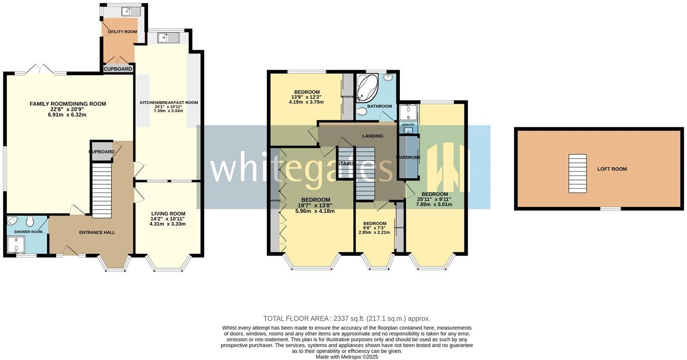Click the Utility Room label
click(x=122, y=31)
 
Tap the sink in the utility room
click(x=131, y=12)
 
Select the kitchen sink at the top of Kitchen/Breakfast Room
click(x=166, y=38)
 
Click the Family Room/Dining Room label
click(x=68, y=104)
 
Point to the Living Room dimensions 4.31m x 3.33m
click(x=168, y=224)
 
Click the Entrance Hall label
click(x=96, y=232)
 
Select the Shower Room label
click(x=28, y=232)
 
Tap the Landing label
click(x=373, y=136)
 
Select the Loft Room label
click(x=612, y=169)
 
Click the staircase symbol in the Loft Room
click(x=577, y=174)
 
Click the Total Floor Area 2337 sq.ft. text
click(x=347, y=318)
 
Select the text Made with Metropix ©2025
click(x=347, y=357)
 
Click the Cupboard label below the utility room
click(x=118, y=69)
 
